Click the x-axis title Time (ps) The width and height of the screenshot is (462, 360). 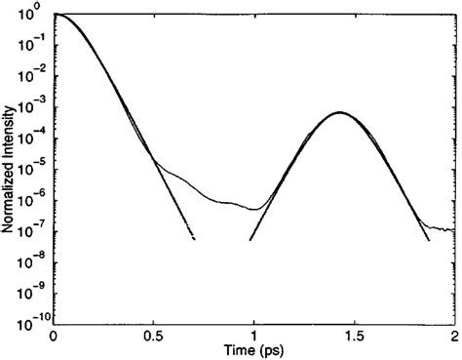point(253,350)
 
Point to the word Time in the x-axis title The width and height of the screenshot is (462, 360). point(240,350)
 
